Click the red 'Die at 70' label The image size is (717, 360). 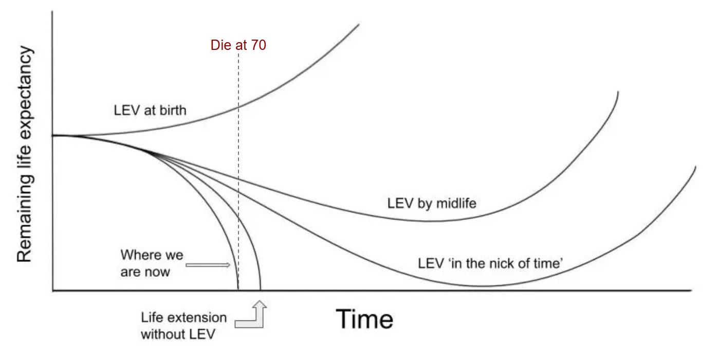click(238, 45)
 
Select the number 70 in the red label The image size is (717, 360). click(259, 45)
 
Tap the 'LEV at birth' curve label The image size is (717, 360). click(150, 110)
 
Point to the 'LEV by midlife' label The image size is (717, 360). click(432, 203)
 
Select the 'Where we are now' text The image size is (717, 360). click(152, 263)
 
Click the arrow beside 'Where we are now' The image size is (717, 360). click(208, 265)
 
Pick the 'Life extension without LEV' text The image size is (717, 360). click(183, 325)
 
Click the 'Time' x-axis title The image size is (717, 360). click(365, 319)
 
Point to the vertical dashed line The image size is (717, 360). click(238, 154)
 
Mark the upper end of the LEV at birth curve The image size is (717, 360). click(358, 24)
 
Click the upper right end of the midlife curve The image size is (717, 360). click(618, 92)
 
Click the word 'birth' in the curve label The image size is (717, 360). click(173, 110)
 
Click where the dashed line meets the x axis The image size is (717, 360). click(238, 291)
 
